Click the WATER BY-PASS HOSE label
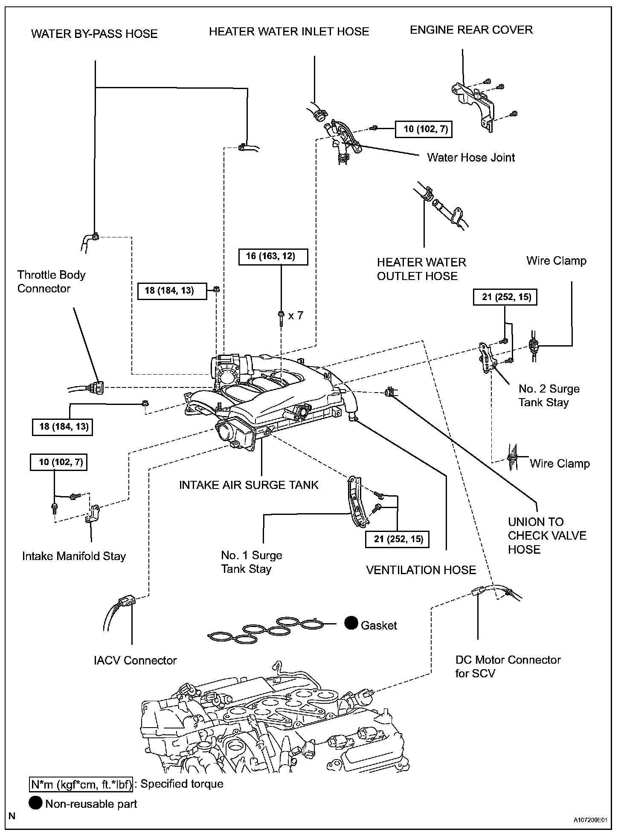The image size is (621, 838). coord(94,34)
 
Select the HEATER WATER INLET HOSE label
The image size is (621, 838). coord(289,32)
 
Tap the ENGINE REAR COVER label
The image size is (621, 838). coord(471,30)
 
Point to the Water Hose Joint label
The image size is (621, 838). coord(471,158)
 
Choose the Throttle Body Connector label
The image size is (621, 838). coord(51,282)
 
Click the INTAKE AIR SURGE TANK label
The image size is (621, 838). coord(249,485)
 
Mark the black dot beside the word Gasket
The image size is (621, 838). coord(351,623)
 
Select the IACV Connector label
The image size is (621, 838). coord(135,660)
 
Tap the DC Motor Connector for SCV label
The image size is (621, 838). coord(508,667)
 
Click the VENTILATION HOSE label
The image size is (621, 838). coord(421,570)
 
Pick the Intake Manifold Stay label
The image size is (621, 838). coord(74,556)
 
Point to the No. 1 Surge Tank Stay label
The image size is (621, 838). coord(251,562)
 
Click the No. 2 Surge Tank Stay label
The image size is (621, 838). coord(549,396)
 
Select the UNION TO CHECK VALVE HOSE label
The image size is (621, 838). coord(547,536)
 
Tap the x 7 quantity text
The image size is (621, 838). coord(296,316)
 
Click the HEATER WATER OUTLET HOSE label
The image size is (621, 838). coord(421,269)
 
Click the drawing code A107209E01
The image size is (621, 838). coord(590,820)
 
